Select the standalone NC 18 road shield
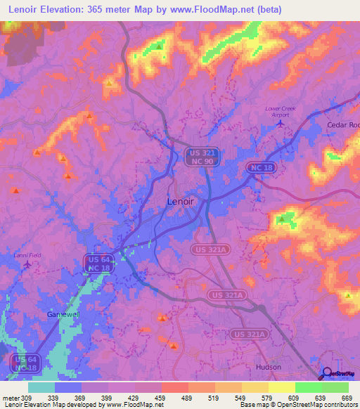point(259,167)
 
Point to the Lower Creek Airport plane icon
point(281,124)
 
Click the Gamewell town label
point(63,314)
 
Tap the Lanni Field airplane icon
point(27,265)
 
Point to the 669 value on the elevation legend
point(348,397)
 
